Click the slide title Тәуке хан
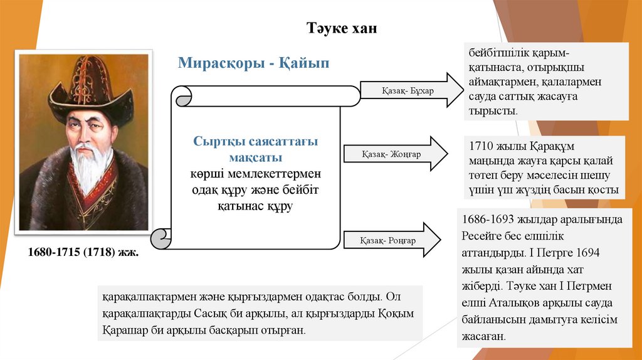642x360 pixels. [342, 28]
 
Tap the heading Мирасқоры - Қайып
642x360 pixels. [253, 63]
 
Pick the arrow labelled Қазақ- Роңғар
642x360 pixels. [392, 240]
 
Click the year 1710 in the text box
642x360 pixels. [481, 147]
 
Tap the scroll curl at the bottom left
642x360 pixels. [162, 238]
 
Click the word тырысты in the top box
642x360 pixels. [492, 110]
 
